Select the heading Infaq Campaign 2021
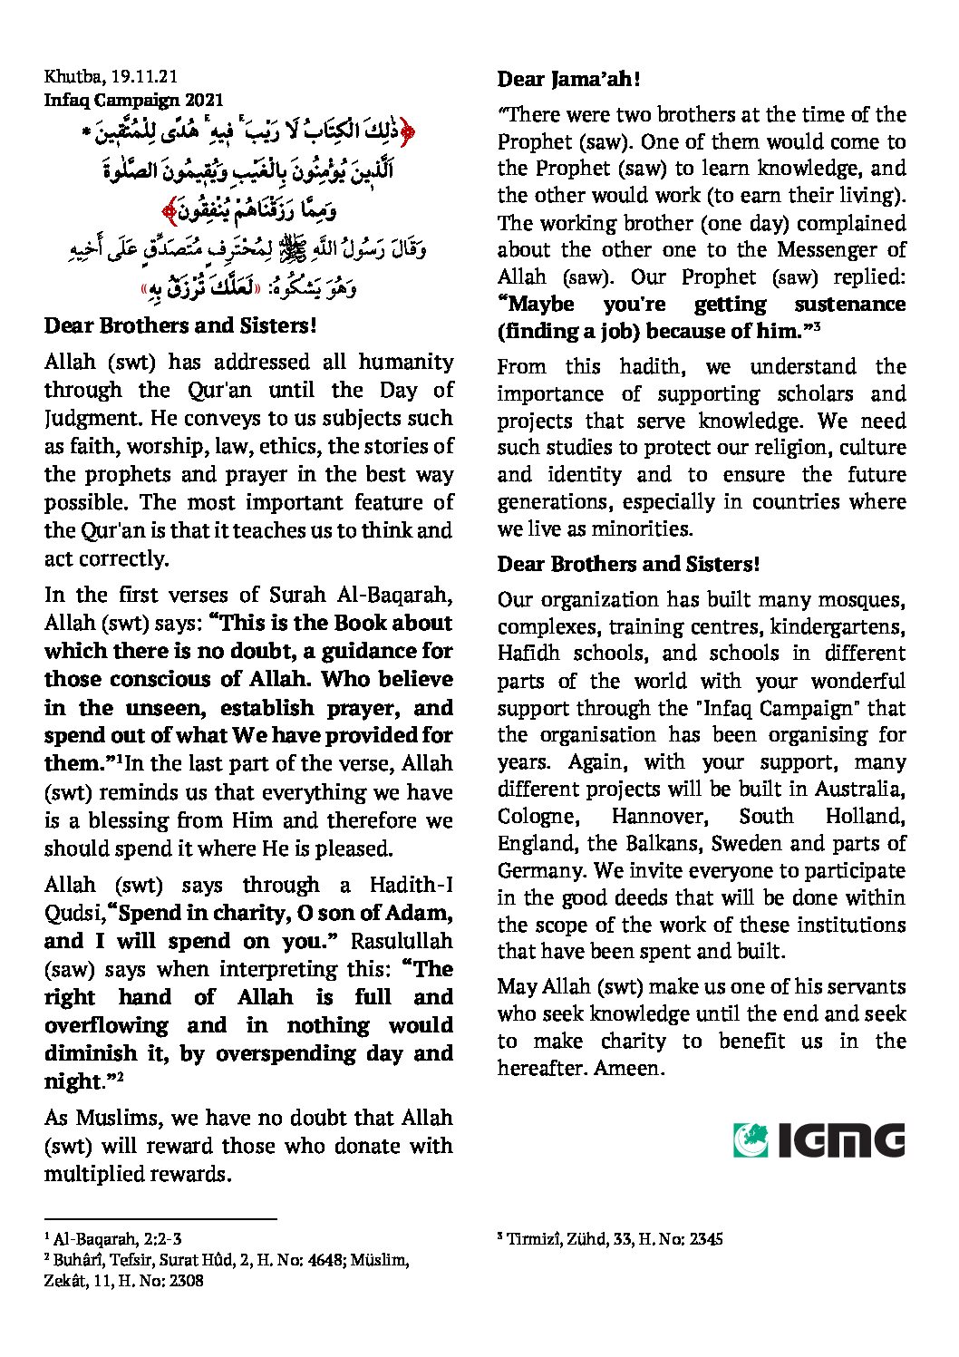click(133, 101)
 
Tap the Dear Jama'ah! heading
click(569, 80)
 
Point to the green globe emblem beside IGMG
click(751, 1140)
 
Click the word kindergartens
click(838, 627)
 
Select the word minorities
click(640, 528)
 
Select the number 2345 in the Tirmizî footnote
click(705, 1238)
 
